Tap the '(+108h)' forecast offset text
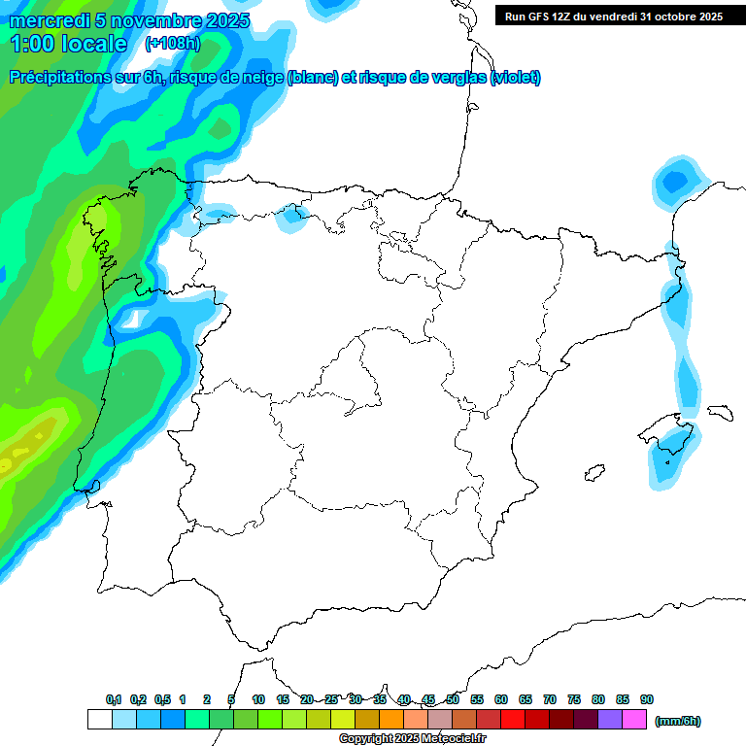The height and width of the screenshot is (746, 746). tap(172, 44)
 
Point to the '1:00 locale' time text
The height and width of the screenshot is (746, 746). tap(68, 44)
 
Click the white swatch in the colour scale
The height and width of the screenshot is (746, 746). tap(99, 720)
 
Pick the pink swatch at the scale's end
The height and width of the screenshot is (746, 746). tap(634, 720)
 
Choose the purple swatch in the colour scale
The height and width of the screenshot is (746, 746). tap(610, 720)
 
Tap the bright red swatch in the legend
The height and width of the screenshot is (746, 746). tap(513, 720)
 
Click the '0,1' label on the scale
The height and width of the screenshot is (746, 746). tap(114, 699)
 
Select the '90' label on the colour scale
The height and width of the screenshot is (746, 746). tap(647, 699)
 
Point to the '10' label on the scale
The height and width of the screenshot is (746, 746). tap(258, 699)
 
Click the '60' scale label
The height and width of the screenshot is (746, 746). tap(501, 699)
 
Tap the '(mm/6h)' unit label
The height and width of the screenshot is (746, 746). tap(678, 721)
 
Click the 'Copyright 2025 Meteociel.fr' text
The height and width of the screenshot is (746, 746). tap(413, 738)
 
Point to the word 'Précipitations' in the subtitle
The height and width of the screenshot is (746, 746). tap(57, 78)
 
